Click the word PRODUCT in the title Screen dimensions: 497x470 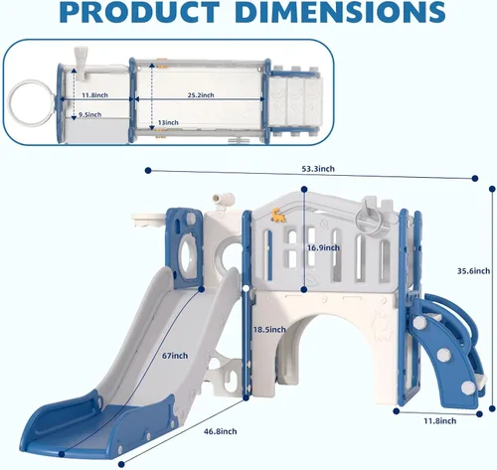point(139,12)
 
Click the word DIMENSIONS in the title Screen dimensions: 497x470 point(341,12)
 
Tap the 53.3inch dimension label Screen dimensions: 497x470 point(318,169)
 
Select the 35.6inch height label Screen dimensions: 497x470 point(473,271)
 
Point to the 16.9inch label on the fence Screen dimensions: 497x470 point(323,247)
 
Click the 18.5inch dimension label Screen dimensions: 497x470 point(269,330)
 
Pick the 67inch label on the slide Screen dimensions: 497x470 point(175,356)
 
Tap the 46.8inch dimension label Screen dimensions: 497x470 point(221,431)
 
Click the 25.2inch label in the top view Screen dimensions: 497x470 point(201,95)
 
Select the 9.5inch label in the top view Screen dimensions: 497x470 point(89,115)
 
